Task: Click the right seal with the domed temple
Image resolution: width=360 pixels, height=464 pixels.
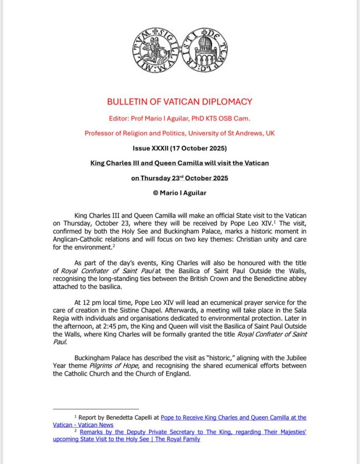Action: click(204, 51)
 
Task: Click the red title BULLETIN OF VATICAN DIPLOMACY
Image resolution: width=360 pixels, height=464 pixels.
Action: click(180, 102)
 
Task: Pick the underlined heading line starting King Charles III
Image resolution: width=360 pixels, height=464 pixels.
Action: click(180, 163)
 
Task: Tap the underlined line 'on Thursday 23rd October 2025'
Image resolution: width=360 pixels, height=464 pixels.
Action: click(180, 178)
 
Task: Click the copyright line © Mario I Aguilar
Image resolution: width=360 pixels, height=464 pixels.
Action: click(180, 193)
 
